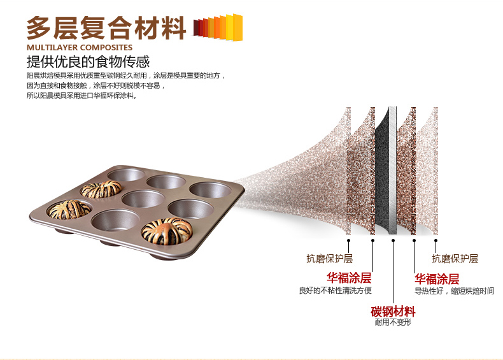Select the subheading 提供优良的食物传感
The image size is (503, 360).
[x=88, y=62]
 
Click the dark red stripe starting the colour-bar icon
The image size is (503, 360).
[x=195, y=27]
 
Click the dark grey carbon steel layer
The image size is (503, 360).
[x=386, y=172]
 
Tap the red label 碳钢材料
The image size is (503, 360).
[x=393, y=312]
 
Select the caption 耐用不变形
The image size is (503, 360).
[x=393, y=323]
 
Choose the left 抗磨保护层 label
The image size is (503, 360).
[x=329, y=259]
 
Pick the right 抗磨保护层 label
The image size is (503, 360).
[x=455, y=259]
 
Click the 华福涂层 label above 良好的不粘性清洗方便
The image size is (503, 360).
[x=349, y=278]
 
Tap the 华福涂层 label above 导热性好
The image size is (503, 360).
[x=437, y=279]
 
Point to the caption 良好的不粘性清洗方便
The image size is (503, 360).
[x=336, y=291]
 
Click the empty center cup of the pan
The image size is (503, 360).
[x=144, y=198]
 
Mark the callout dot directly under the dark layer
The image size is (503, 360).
[x=393, y=241]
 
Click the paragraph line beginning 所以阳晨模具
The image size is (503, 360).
[x=81, y=96]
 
